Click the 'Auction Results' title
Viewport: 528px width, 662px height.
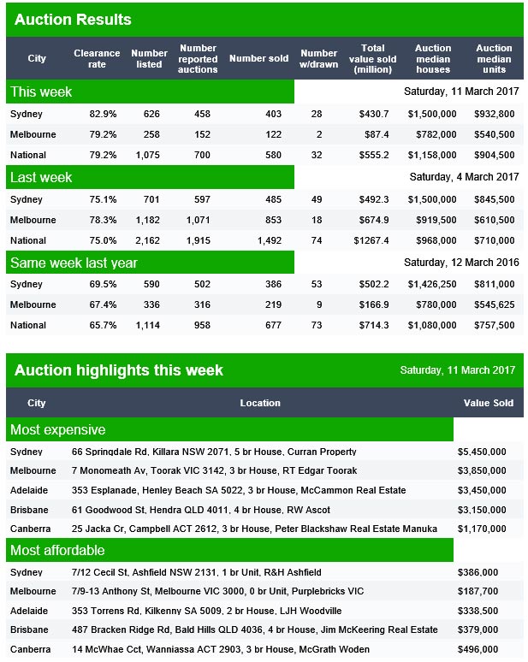[x=73, y=20]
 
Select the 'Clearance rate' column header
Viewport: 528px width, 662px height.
[x=97, y=59]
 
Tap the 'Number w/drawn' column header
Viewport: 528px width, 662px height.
[x=319, y=59]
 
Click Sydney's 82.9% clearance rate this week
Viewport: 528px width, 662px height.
[x=103, y=114]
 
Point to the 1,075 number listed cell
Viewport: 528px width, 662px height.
[x=148, y=156]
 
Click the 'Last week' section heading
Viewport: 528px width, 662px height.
[x=41, y=177]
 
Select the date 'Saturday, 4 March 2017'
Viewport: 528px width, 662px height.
[x=464, y=176]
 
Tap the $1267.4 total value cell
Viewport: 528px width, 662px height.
[x=371, y=240]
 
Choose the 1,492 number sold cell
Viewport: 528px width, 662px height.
[x=270, y=240]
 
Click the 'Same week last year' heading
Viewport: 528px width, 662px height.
[x=74, y=263]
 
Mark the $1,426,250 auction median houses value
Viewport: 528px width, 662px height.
[x=432, y=284]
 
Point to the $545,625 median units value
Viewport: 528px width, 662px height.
[x=495, y=304]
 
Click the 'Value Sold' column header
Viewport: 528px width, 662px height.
[x=489, y=403]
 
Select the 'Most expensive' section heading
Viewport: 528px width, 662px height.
[x=58, y=430]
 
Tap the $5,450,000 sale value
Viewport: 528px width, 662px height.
[x=482, y=452]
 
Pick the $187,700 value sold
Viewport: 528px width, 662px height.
[x=478, y=592]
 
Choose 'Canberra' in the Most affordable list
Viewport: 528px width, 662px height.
[x=31, y=649]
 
